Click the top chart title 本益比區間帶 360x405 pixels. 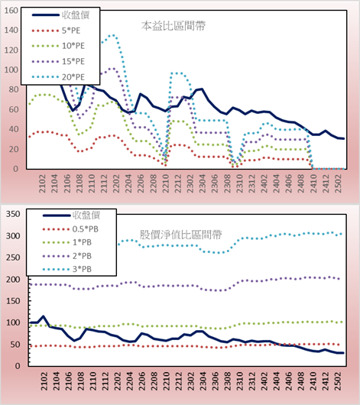[x=174, y=26]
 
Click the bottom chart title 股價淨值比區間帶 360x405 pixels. [x=180, y=235]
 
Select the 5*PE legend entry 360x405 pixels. [x=56, y=31]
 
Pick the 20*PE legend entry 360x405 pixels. [x=58, y=77]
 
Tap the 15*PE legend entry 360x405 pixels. [x=58, y=61]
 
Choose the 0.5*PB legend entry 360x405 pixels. [x=70, y=229]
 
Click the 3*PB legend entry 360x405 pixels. [x=67, y=269]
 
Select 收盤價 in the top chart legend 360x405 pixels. [x=60, y=15]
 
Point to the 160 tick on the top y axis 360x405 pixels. [x=11, y=11]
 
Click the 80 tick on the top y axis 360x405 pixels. [x=14, y=89]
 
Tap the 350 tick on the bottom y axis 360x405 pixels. [x=13, y=214]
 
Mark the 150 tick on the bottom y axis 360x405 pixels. [x=13, y=301]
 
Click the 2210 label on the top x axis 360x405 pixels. [x=165, y=183]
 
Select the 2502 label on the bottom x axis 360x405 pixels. [x=338, y=381]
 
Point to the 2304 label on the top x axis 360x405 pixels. [x=203, y=183]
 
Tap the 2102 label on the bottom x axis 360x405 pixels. [x=44, y=381]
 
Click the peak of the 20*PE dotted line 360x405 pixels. [x=113, y=35]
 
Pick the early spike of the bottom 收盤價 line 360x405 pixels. [x=43, y=316]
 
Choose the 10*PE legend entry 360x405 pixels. [x=58, y=46]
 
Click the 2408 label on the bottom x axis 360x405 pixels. [x=301, y=381]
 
